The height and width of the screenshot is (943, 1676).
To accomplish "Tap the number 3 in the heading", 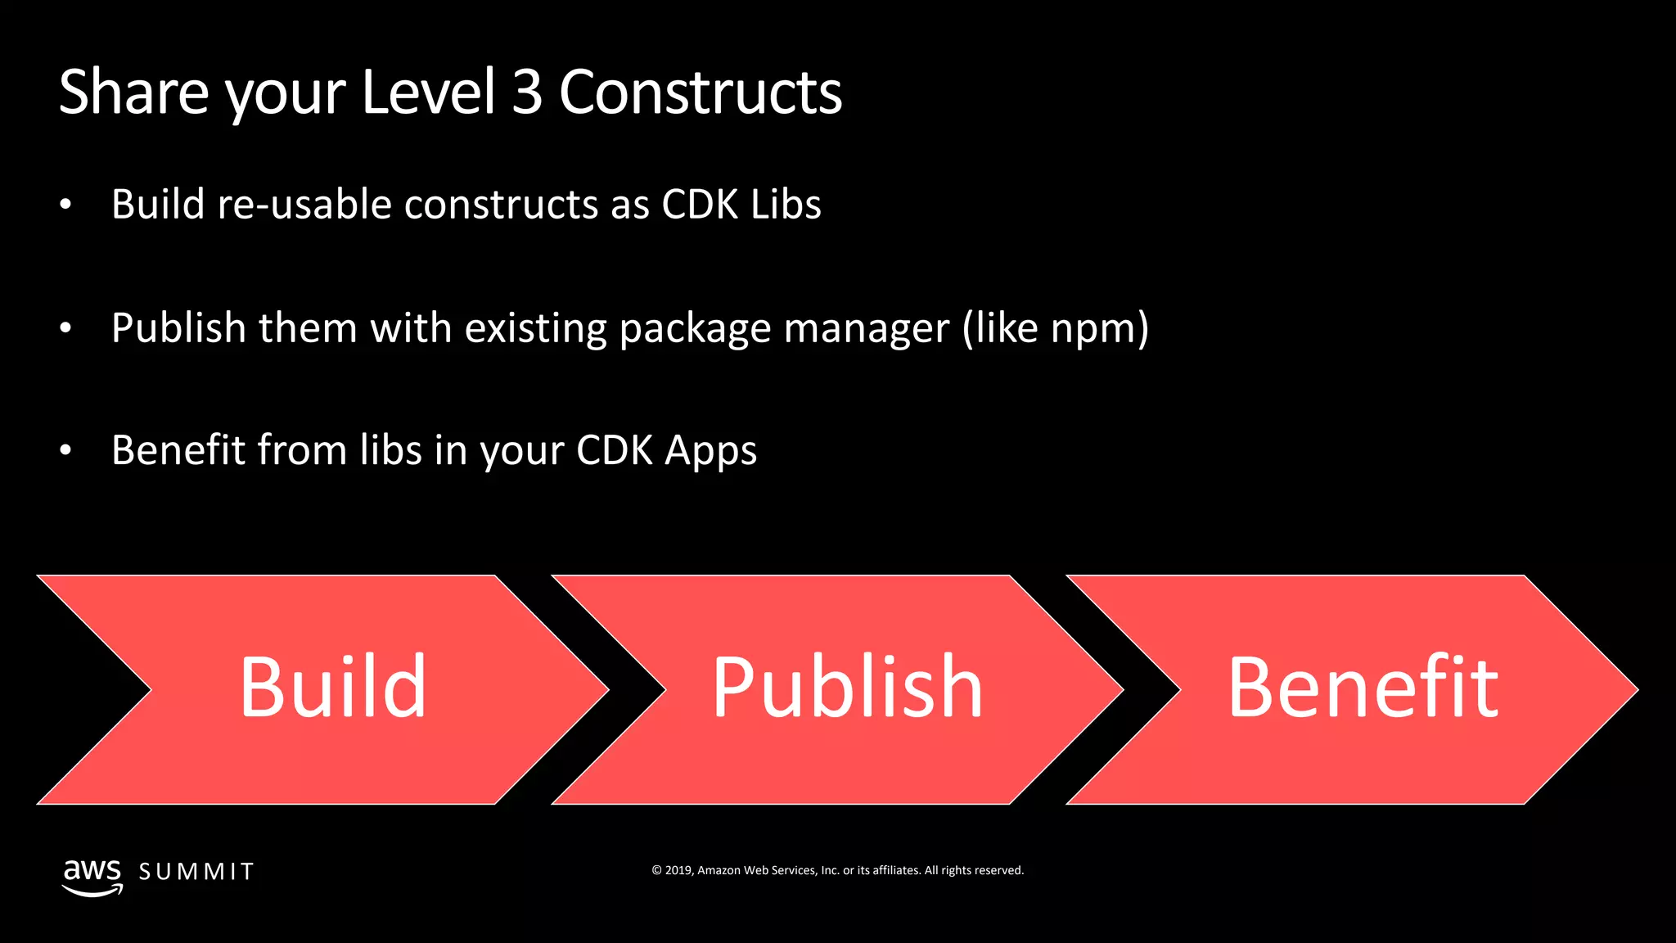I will (527, 92).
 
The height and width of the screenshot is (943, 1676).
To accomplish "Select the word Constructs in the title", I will (701, 92).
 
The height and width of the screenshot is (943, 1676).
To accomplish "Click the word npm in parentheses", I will (1093, 328).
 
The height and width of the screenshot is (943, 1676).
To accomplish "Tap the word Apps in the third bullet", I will (710, 451).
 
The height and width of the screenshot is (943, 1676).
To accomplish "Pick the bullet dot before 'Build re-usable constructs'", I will (65, 205).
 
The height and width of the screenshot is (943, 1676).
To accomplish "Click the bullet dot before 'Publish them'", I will (65, 328).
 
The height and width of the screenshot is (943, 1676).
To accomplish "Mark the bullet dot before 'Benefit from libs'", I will (65, 450).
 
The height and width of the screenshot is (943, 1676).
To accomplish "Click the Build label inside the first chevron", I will (332, 688).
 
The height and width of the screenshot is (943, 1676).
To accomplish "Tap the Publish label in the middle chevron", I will (847, 688).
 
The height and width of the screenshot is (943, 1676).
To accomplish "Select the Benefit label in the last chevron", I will (1363, 688).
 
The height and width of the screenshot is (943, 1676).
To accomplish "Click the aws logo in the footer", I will (92, 874).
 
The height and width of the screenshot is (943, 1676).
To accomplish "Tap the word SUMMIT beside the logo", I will (196, 872).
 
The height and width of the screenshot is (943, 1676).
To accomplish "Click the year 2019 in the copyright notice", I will (678, 870).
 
